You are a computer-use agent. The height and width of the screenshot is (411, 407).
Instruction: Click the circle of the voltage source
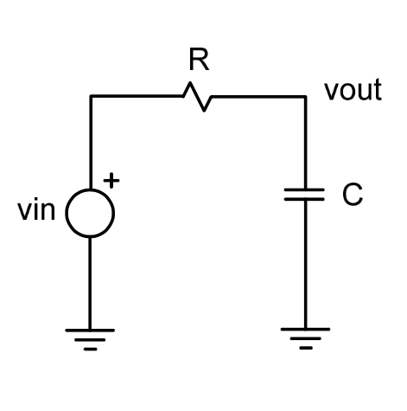(x=90, y=211)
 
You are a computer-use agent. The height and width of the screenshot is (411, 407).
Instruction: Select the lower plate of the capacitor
(x=305, y=202)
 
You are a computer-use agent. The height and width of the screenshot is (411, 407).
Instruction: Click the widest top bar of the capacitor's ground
(x=305, y=330)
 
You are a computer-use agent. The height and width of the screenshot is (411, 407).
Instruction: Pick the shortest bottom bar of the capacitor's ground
(x=305, y=348)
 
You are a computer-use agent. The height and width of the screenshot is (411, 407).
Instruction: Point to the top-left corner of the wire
(x=90, y=96)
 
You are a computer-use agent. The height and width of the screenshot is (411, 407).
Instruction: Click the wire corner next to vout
(x=305, y=96)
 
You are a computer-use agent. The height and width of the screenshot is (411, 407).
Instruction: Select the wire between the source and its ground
(x=90, y=281)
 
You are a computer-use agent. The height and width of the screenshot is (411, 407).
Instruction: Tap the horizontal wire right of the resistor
(x=259, y=96)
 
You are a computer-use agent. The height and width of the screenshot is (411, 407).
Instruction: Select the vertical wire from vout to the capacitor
(x=305, y=143)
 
